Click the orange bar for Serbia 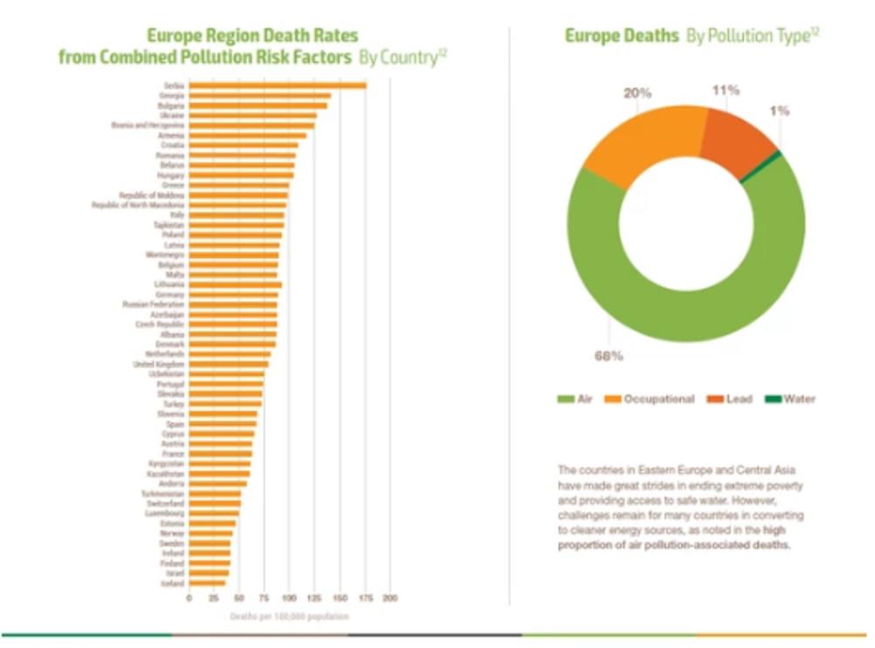click(x=277, y=85)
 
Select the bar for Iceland click(x=207, y=583)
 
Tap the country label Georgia click(x=171, y=95)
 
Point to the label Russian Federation click(x=153, y=304)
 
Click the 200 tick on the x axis click(x=390, y=598)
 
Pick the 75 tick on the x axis click(x=265, y=598)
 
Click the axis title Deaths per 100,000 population click(x=289, y=617)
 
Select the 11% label click(x=725, y=89)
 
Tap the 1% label click(x=780, y=111)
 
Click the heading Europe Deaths click(x=621, y=36)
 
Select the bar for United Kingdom click(x=228, y=364)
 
